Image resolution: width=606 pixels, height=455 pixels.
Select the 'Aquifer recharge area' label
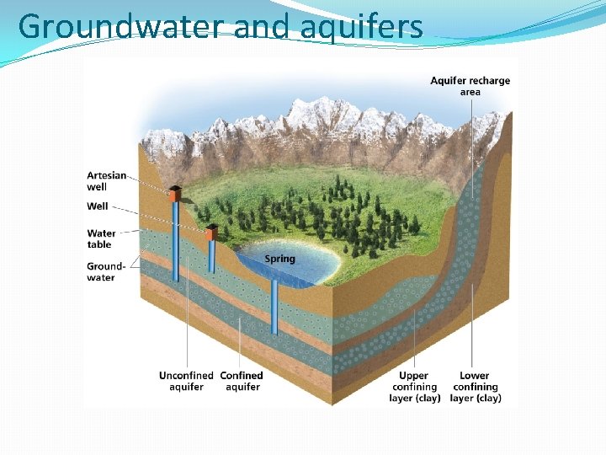point(470,86)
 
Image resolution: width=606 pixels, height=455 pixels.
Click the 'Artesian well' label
point(107,181)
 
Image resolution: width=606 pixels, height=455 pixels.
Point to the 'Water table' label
point(101,238)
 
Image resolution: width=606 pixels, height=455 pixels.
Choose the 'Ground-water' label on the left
point(106,271)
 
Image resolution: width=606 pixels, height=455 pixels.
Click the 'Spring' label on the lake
point(279,259)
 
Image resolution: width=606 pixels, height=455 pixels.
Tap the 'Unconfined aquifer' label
point(186,381)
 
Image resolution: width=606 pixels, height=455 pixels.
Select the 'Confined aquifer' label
point(242,381)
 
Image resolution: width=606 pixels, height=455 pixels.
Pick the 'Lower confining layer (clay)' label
point(476,387)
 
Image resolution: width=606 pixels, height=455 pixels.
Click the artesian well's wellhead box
point(175,193)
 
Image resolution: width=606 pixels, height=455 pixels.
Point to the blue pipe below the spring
point(274,308)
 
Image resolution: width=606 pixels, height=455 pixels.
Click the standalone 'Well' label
point(98,206)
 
